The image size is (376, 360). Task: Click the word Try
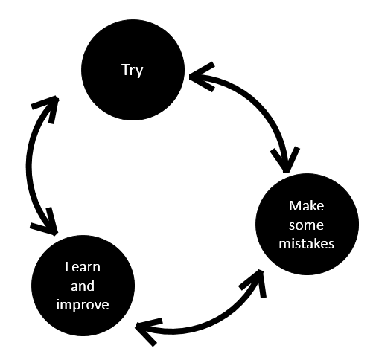(x=133, y=70)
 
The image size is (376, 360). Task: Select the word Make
(x=306, y=206)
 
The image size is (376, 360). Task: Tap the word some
(x=306, y=225)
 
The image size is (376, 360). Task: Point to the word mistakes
(x=306, y=243)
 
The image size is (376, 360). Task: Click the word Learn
(x=83, y=267)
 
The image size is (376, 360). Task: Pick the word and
(x=83, y=286)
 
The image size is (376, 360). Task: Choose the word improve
(x=83, y=305)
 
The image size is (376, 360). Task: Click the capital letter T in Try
(x=126, y=69)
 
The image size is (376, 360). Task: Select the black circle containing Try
(x=133, y=70)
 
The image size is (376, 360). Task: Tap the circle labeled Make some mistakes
(x=307, y=225)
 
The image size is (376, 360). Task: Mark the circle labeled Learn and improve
(x=83, y=286)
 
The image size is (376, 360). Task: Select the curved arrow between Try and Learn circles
(x=29, y=165)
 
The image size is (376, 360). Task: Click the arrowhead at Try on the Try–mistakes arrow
(x=201, y=77)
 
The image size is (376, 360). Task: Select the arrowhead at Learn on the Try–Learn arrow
(x=46, y=223)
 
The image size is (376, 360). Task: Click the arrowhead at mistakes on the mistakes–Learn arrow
(x=255, y=283)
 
